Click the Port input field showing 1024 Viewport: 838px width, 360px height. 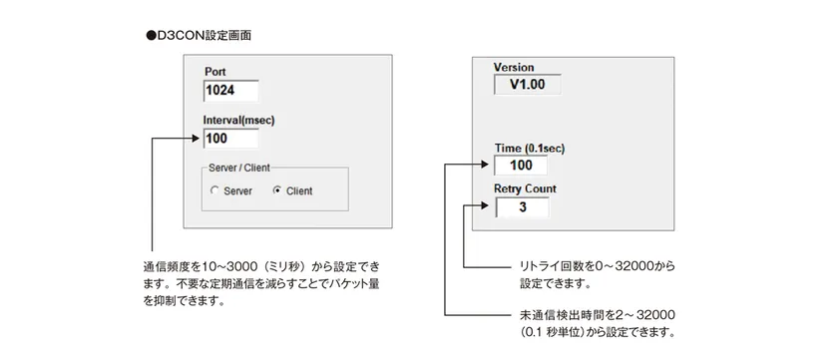(x=230, y=92)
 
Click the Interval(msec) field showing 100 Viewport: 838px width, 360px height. (x=230, y=139)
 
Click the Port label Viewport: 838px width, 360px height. (x=215, y=72)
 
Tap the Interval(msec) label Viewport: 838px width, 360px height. (x=239, y=120)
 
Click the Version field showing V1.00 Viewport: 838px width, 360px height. (x=527, y=86)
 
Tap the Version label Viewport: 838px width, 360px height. (x=514, y=67)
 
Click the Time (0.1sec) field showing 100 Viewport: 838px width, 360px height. (x=520, y=165)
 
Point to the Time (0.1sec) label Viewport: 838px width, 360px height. (x=530, y=148)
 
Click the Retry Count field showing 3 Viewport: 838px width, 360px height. (x=520, y=207)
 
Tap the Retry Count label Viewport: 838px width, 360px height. (x=525, y=188)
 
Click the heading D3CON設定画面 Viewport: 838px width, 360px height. (x=204, y=35)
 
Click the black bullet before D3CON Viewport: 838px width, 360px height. (x=151, y=35)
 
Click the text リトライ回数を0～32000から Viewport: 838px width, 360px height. (x=598, y=266)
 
